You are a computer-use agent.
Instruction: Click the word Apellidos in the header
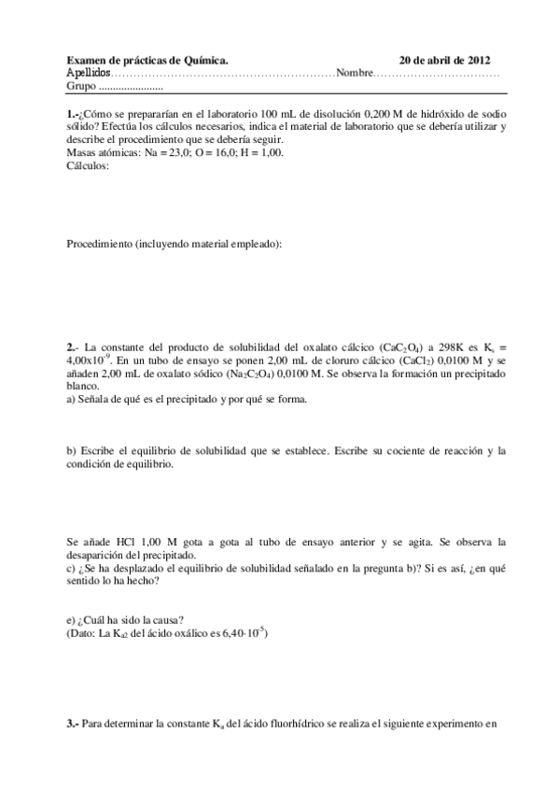point(89,72)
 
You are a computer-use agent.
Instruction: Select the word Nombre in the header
point(355,72)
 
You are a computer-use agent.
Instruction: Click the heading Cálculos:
point(89,165)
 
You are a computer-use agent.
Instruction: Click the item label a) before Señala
point(71,399)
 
